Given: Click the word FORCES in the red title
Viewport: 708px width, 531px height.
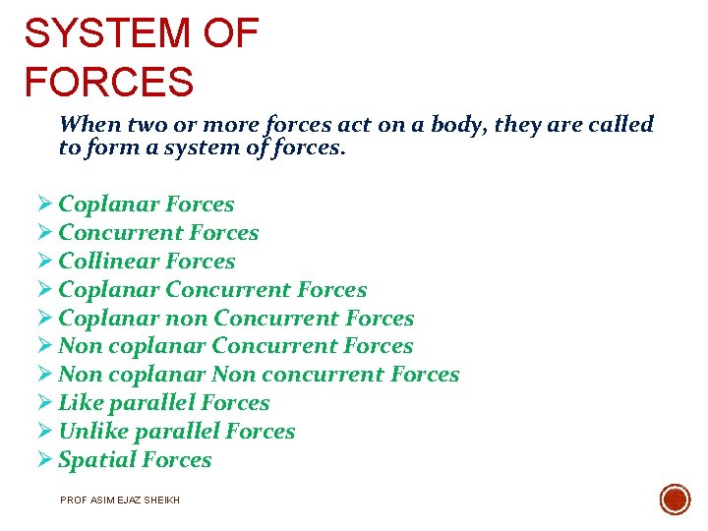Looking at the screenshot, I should [108, 82].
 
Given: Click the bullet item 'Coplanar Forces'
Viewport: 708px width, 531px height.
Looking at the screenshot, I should [146, 205].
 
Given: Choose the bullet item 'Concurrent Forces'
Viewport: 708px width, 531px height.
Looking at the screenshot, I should [158, 233].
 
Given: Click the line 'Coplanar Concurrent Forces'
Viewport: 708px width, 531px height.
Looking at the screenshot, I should [212, 290].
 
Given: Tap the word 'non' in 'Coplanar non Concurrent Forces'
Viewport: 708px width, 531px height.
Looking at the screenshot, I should [187, 319].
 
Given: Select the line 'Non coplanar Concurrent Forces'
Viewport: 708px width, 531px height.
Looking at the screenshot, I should [235, 346].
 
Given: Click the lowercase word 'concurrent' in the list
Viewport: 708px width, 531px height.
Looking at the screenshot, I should [333, 375].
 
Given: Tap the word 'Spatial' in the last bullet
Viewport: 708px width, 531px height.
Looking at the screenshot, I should [93, 460].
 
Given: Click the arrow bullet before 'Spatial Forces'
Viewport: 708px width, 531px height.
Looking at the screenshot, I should [44, 460].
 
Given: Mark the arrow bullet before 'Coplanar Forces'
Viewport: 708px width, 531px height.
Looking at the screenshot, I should [44, 205].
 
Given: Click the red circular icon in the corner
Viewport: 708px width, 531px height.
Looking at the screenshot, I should [675, 499].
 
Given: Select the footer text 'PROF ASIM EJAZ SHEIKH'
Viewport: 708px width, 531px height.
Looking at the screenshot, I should [120, 501].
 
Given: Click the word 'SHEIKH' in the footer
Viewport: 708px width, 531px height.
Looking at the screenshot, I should [164, 501].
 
